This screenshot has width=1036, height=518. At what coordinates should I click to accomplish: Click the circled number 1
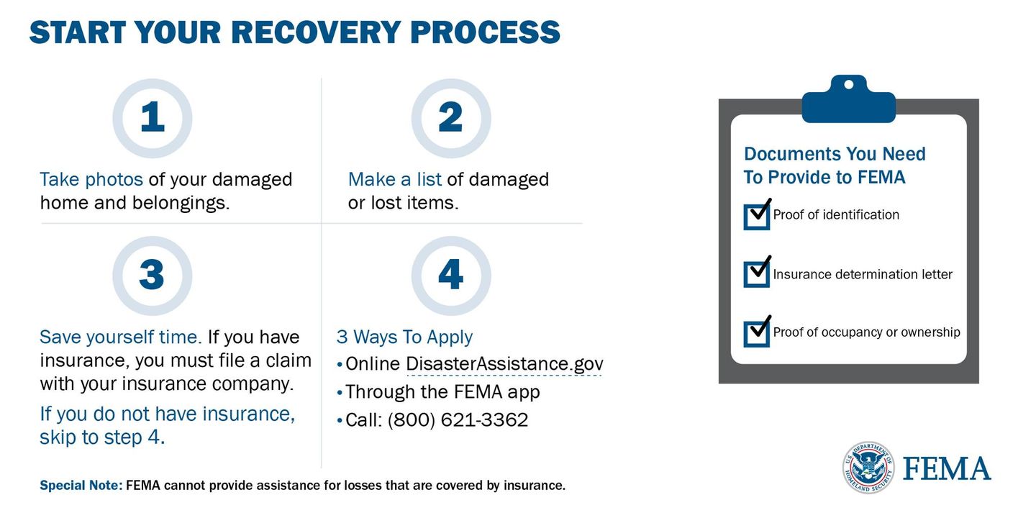tap(153, 119)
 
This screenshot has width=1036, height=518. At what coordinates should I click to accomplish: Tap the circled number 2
tap(451, 119)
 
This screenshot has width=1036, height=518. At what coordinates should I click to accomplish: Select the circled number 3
tap(153, 276)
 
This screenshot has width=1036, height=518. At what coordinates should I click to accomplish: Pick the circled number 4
tap(451, 276)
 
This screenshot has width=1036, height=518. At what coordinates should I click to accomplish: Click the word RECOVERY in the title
tap(315, 32)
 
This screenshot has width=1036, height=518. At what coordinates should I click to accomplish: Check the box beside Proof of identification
tap(757, 217)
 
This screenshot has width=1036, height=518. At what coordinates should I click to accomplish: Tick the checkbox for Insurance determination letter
tap(757, 274)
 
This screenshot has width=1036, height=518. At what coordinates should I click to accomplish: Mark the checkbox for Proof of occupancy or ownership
tap(757, 334)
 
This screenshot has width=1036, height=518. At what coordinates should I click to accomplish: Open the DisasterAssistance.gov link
tap(504, 365)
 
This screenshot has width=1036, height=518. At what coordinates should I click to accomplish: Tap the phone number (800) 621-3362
tap(458, 420)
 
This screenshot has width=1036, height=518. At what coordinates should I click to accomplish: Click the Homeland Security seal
tap(868, 467)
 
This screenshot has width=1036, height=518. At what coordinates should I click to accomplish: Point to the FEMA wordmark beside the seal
tap(947, 468)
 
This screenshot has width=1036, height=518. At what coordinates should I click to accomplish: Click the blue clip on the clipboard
tap(849, 99)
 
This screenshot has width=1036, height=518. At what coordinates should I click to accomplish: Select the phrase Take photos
tap(91, 180)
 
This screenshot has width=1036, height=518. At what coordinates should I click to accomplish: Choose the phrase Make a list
tap(394, 179)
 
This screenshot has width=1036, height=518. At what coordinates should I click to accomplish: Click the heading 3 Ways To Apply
tap(404, 337)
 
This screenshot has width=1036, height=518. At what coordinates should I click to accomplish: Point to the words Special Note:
tap(81, 485)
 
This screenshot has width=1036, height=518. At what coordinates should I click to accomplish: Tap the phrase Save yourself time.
tap(121, 337)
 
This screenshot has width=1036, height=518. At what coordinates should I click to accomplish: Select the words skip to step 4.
tap(102, 437)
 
